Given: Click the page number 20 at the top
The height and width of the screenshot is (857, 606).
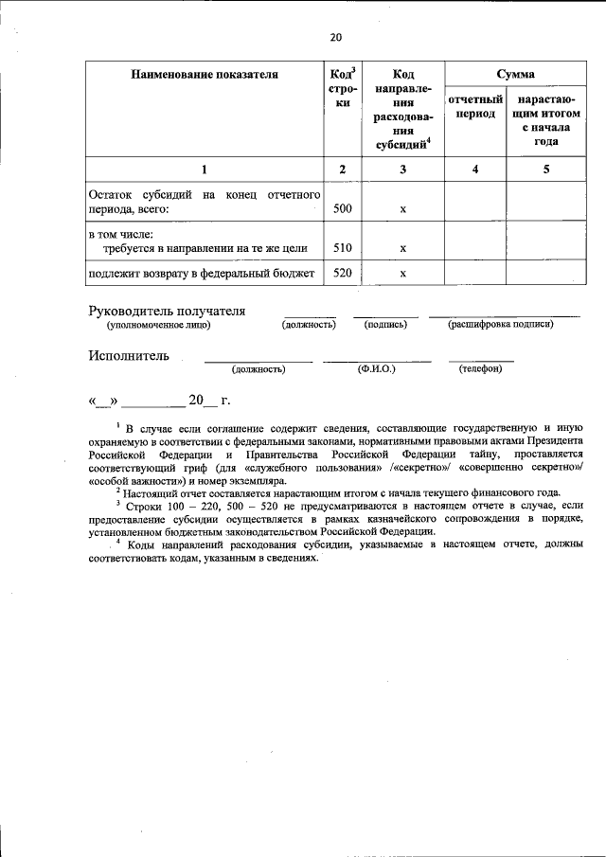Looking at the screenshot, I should pos(335,38).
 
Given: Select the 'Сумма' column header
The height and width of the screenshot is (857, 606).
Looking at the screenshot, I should pos(515,74).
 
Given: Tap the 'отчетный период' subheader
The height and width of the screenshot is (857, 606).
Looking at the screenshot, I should pos(474,106).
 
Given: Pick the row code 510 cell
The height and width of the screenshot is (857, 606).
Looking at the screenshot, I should pos(343,248).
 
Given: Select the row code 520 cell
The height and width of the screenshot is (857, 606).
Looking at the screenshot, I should pos(343,274).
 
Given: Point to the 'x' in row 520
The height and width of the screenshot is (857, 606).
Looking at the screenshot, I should pos(402,275).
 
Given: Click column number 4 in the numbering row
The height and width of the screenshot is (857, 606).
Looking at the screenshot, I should pos(474,169).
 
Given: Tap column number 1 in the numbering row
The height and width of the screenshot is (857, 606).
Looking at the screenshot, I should pos(204,169).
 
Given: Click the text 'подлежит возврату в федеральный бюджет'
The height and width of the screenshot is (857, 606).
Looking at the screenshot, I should pos(201,274).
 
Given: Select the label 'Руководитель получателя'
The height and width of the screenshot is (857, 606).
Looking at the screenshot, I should pos(167,311).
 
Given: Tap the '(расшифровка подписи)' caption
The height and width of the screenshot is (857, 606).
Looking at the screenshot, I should pos(501,325).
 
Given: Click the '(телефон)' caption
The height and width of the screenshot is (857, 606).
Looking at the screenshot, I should pos(480,369).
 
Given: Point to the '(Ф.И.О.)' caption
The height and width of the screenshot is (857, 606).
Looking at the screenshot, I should pos(376,369).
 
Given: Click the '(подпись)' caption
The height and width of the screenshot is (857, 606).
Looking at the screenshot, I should pos(385,325).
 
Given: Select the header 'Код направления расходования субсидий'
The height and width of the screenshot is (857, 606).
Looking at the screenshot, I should pos(402,109).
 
